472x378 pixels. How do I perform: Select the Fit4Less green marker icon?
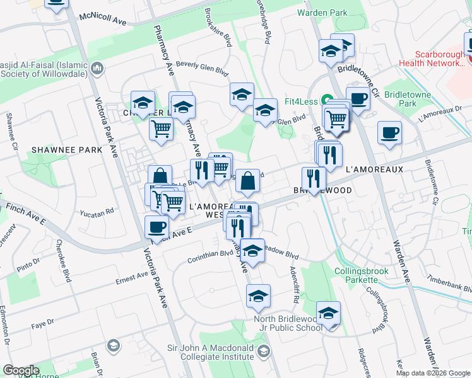(327, 100)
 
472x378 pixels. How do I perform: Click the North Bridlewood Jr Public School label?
(288, 323)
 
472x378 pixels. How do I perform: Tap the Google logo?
(21, 370)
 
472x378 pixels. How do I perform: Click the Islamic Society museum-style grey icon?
(98, 68)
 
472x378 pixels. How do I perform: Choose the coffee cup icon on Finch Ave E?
(156, 226)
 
